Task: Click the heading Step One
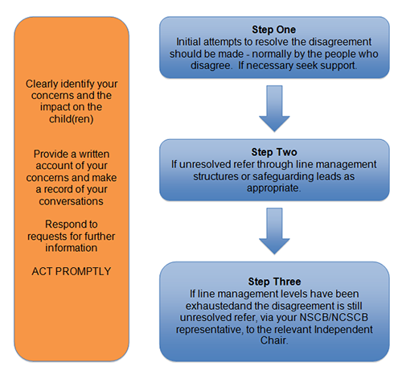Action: click(x=273, y=30)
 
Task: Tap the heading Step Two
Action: click(x=274, y=152)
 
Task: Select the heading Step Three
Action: click(x=274, y=282)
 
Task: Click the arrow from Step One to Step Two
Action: click(x=274, y=109)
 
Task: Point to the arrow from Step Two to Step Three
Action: click(x=274, y=231)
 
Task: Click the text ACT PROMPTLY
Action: click(x=72, y=271)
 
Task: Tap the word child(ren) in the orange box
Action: click(x=72, y=119)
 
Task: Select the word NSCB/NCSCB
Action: click(x=334, y=317)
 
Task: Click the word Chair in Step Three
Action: click(x=273, y=340)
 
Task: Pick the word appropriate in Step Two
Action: click(x=273, y=188)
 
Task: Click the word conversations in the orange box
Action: click(x=71, y=201)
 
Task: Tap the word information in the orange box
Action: click(x=71, y=248)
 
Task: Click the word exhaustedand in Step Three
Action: click(x=219, y=306)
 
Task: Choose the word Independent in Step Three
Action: click(x=343, y=329)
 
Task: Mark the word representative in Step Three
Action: click(x=208, y=329)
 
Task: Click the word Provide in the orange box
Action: click(x=51, y=154)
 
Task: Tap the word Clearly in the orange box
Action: click(x=42, y=84)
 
